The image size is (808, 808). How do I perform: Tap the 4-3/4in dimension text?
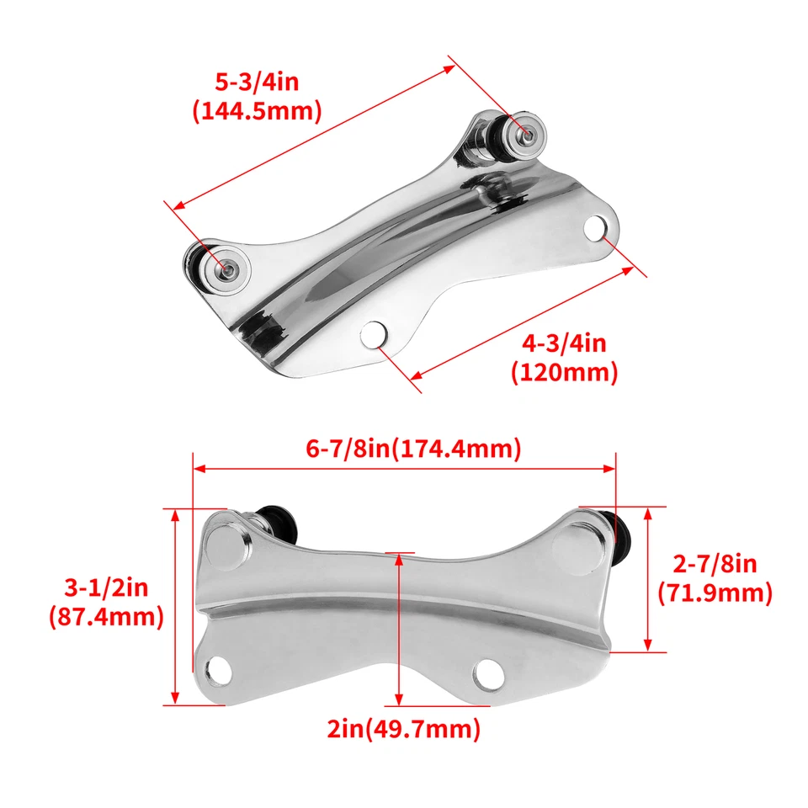[x=564, y=343]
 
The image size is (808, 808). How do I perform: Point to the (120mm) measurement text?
[x=564, y=371]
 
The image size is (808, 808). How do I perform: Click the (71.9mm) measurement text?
[x=715, y=593]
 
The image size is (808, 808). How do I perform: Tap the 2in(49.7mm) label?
[x=404, y=729]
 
